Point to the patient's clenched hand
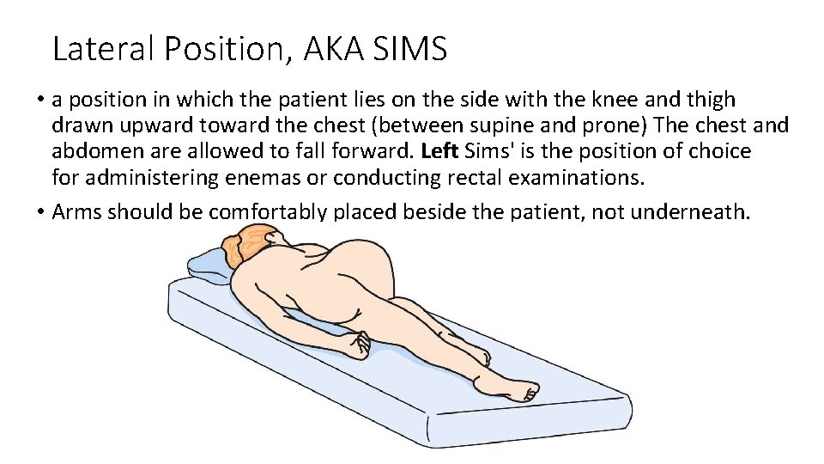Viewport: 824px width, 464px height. [x=354, y=345]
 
